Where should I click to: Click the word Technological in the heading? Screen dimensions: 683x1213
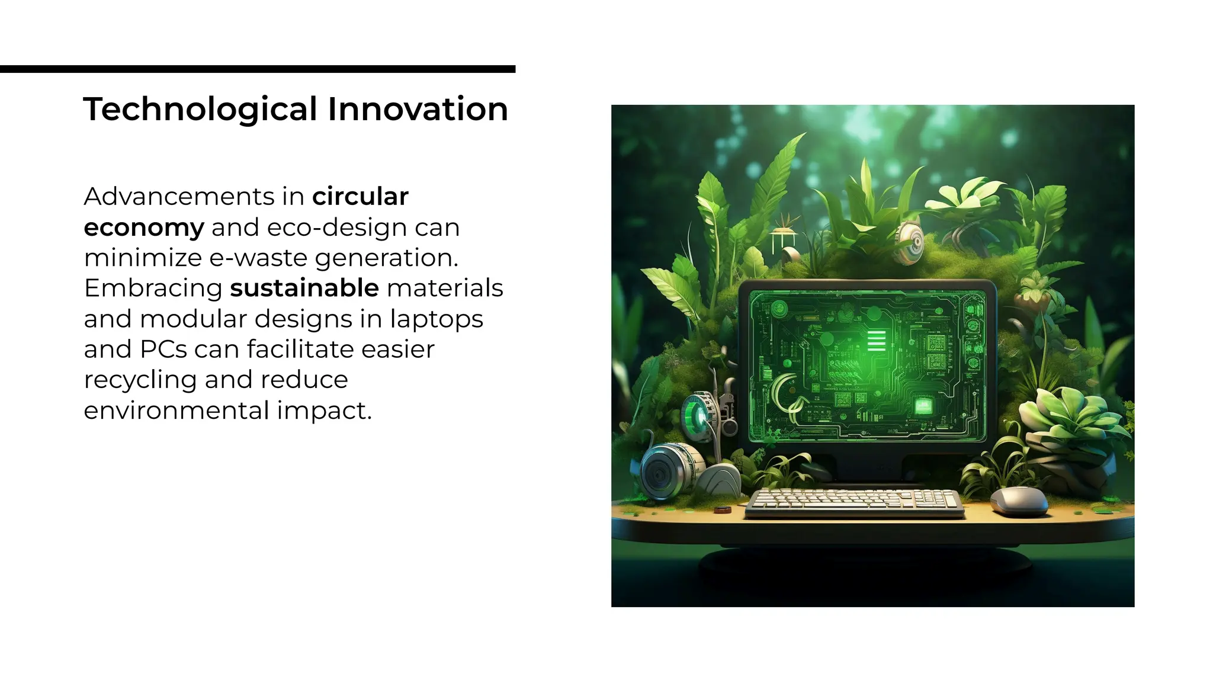pos(200,110)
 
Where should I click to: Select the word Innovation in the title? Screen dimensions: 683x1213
pos(418,110)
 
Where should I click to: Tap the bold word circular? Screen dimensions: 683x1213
pos(360,197)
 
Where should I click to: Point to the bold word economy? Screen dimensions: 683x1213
pos(144,227)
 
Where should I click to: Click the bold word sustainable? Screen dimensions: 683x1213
pos(304,288)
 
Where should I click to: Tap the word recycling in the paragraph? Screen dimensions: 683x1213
pos(140,380)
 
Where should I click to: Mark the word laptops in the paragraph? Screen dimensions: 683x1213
pos(437,319)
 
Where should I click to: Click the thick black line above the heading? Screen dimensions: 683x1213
pos(258,69)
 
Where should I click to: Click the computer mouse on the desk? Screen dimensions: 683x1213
pos(1019,501)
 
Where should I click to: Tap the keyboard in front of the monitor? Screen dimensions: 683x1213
pos(854,502)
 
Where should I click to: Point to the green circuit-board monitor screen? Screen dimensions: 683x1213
pos(868,364)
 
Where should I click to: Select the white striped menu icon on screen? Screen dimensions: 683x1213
pos(876,341)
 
